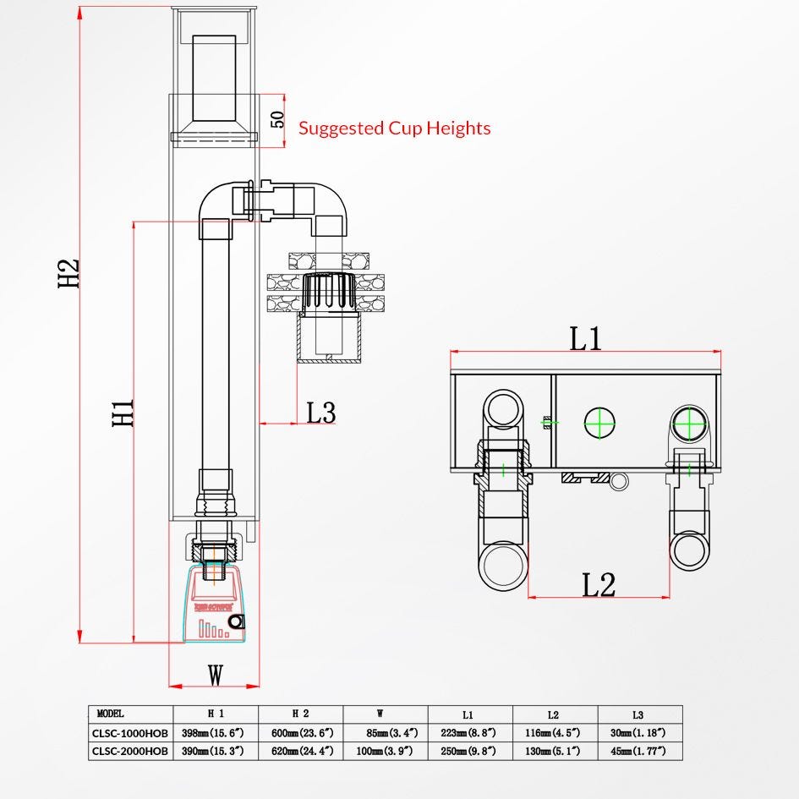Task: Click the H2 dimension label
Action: (x=68, y=273)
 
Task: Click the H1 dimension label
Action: (x=123, y=413)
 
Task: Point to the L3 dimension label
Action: (x=320, y=413)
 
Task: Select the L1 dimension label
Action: (x=585, y=337)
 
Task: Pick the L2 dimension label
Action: (x=599, y=584)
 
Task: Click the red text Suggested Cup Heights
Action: (x=394, y=129)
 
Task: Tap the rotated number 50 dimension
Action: (x=277, y=118)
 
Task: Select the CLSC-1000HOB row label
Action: (x=130, y=732)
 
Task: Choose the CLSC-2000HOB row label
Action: (x=130, y=750)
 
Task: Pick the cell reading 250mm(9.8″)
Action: (x=470, y=750)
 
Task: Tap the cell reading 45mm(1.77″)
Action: (x=639, y=750)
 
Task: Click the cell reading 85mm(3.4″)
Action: (x=385, y=732)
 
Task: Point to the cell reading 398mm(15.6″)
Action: (x=215, y=732)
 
